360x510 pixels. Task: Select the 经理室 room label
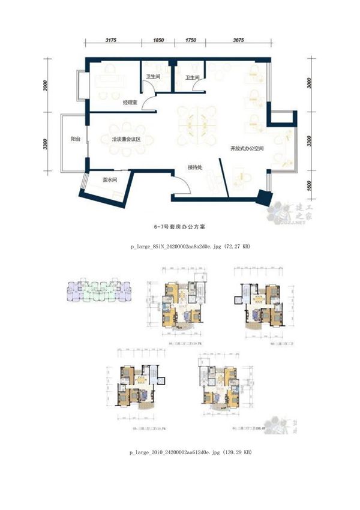(131, 103)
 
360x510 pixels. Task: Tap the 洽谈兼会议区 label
(125, 139)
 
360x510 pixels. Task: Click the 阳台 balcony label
(76, 139)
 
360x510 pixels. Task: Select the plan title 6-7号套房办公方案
(179, 228)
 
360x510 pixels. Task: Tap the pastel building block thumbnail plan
(97, 291)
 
